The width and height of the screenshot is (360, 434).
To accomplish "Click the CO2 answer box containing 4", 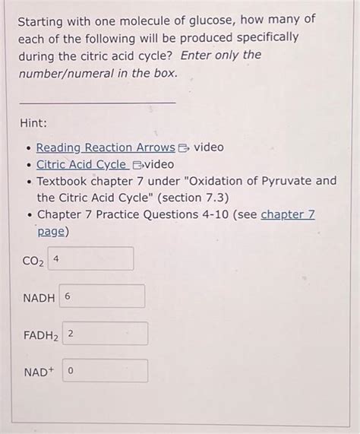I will click(x=91, y=258).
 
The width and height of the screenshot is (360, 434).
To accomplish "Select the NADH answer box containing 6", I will click(x=102, y=296).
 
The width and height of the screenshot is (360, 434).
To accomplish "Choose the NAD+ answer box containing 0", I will click(x=105, y=371).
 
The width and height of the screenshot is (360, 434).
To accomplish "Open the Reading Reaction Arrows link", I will click(x=106, y=147).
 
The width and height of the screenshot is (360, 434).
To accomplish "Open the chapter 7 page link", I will click(x=287, y=215).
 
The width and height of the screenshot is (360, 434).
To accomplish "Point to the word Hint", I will click(x=34, y=122).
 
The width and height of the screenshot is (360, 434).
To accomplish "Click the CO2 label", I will click(x=32, y=261).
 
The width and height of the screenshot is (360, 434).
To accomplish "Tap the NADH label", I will click(x=38, y=298).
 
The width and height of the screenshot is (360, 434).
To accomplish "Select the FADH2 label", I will click(x=40, y=335).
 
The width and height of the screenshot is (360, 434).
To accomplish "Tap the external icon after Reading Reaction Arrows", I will click(x=185, y=147).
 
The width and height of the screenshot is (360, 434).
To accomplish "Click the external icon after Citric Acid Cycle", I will click(x=138, y=165).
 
